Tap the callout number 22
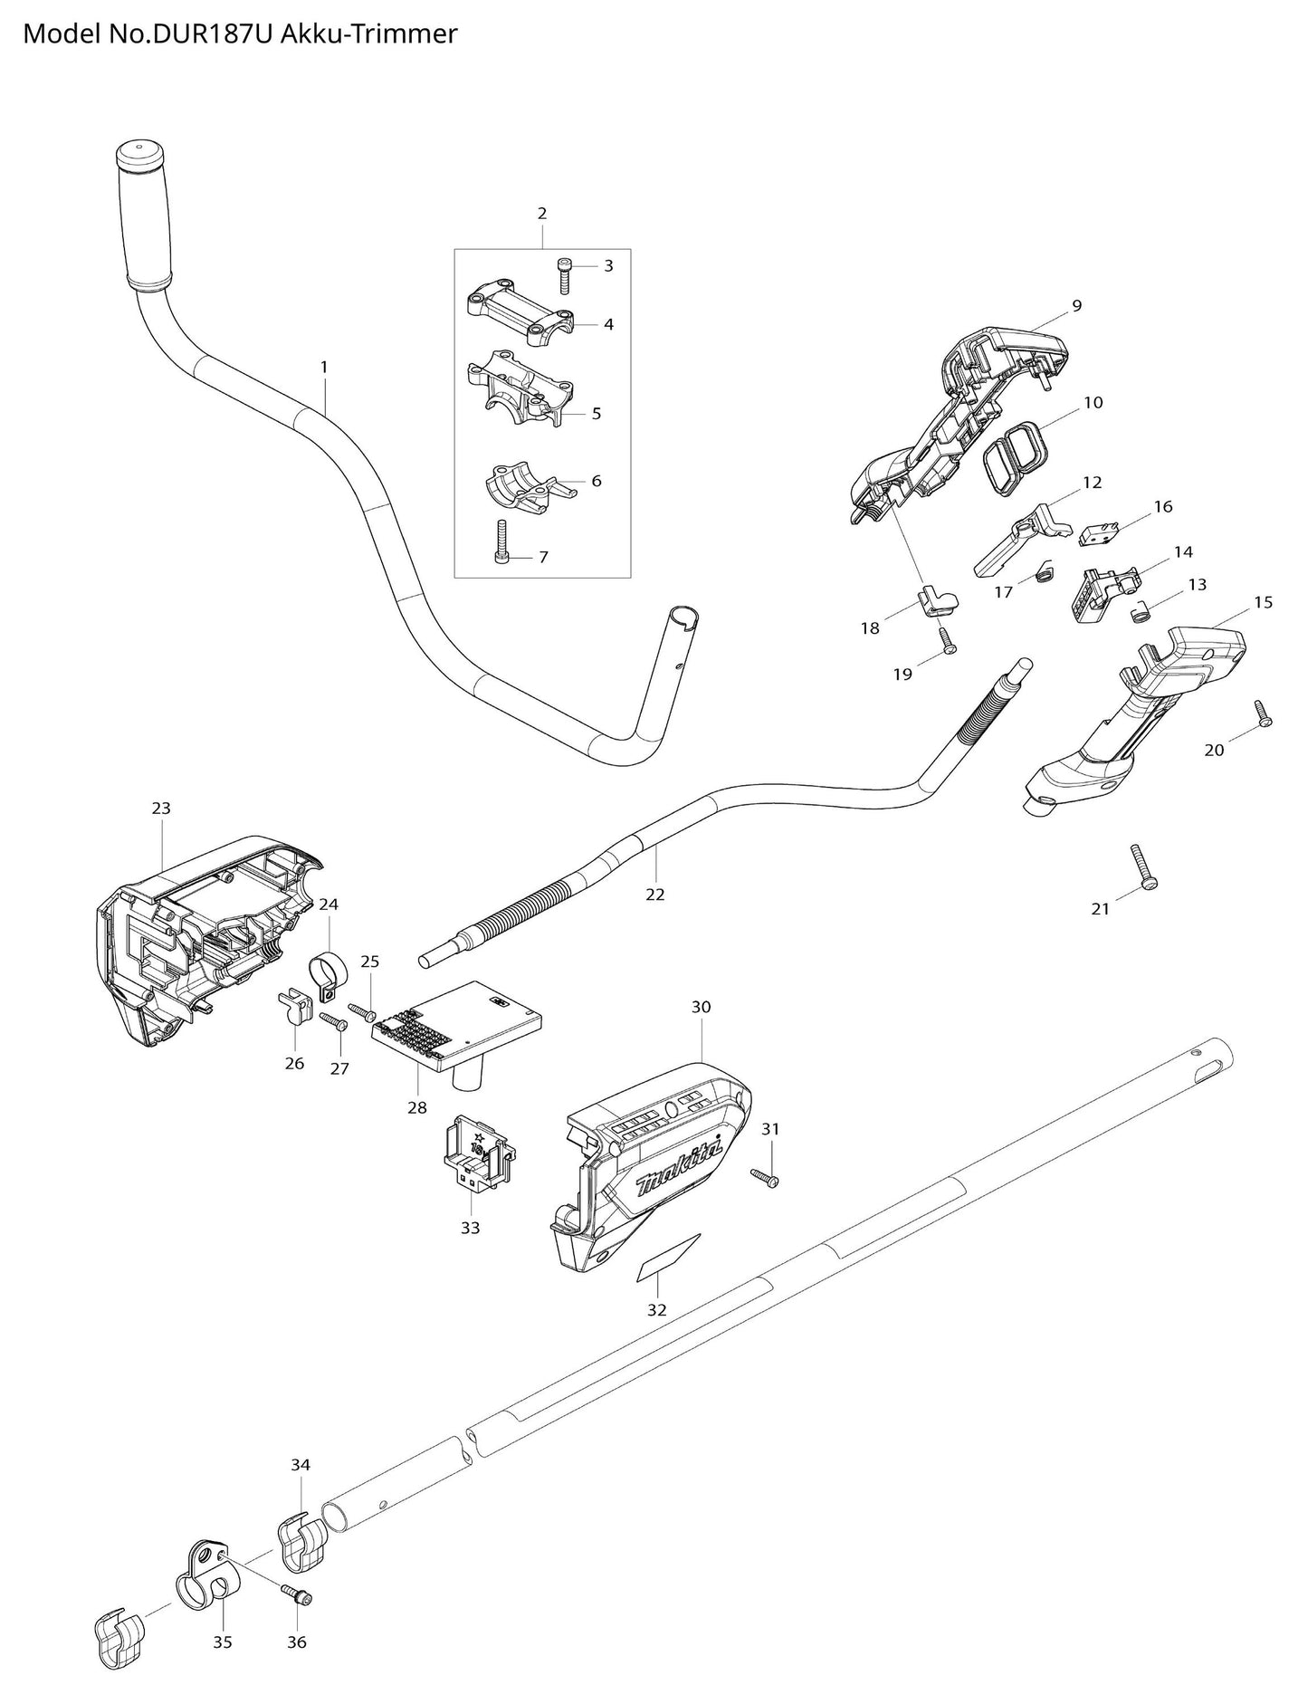click(654, 895)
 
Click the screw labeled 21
click(1143, 867)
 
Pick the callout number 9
click(1076, 306)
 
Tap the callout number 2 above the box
click(542, 214)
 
